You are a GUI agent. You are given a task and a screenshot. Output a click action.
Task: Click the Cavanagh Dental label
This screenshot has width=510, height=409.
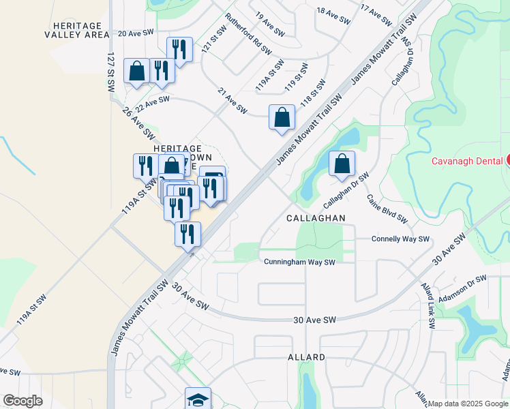[468, 161]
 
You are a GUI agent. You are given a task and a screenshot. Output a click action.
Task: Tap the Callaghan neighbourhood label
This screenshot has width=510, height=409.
[316, 217]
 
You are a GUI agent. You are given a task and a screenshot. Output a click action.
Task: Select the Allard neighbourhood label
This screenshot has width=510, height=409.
[307, 357]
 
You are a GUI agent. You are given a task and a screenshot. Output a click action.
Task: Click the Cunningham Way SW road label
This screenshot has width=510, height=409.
[300, 262]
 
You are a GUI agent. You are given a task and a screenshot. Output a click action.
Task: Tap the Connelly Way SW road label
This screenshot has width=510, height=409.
[400, 239]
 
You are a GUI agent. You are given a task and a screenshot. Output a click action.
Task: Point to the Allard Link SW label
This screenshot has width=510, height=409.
[427, 307]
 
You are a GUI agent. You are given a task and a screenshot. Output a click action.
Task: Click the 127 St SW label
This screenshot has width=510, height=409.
[111, 74]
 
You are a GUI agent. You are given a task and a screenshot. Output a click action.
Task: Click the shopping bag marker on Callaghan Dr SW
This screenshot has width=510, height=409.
[342, 164]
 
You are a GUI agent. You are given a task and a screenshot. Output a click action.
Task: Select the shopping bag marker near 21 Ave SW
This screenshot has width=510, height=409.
[282, 117]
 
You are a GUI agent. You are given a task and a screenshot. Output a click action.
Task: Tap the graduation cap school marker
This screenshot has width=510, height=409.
[198, 399]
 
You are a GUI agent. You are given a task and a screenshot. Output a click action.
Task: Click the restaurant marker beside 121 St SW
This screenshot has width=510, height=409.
[179, 49]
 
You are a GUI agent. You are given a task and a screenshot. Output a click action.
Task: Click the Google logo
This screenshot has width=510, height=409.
[22, 401]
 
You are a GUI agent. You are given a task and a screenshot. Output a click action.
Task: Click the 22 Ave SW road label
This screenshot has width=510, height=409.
[152, 104]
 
